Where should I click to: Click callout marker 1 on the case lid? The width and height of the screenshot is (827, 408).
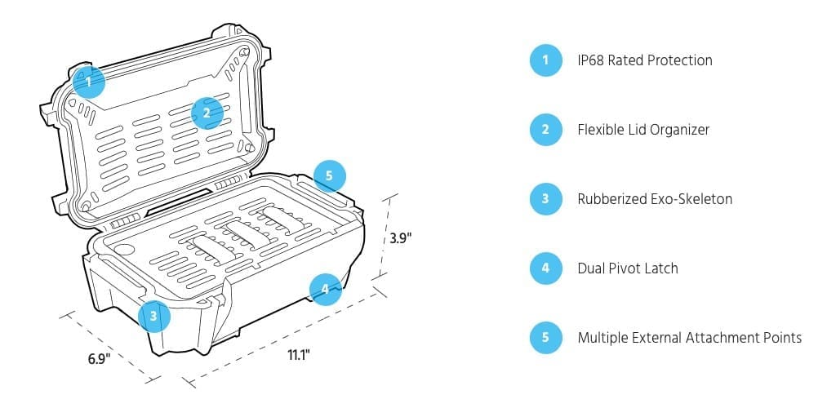(x=88, y=82)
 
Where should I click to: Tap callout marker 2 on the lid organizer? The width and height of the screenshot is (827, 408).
(x=207, y=113)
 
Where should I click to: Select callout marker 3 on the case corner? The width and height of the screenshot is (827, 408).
(x=154, y=314)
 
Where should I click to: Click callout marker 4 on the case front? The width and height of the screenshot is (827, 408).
(x=325, y=288)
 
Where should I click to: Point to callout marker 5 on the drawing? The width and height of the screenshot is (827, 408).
(x=329, y=175)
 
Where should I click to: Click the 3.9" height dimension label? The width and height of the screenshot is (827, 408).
(x=399, y=238)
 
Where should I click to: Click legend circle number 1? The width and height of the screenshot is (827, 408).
(x=545, y=60)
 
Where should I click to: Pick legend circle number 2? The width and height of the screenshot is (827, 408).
(x=545, y=130)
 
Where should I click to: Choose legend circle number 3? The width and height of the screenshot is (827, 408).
(x=545, y=199)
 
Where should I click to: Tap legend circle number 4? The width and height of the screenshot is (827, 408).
(x=545, y=268)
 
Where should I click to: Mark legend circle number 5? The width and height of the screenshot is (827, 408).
(x=545, y=338)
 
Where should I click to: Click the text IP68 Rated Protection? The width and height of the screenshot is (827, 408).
(x=644, y=60)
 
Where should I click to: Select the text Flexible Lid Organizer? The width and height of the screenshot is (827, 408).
(x=643, y=130)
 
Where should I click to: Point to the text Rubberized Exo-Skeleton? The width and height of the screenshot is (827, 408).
(x=654, y=199)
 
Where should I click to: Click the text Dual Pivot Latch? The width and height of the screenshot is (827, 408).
(x=627, y=268)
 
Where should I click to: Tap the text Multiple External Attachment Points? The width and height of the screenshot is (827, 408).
(x=689, y=338)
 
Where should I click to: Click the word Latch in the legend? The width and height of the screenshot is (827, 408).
(x=660, y=268)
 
